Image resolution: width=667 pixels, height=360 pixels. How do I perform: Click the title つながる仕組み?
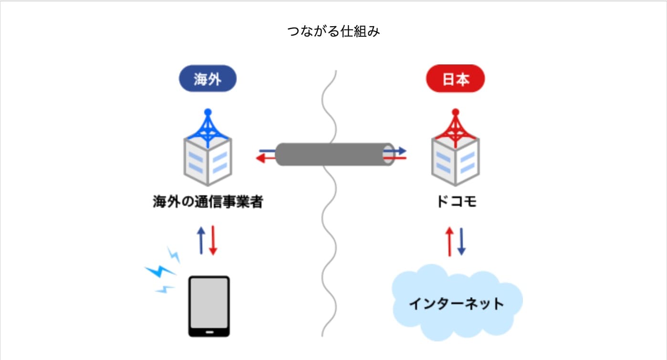(x=333, y=32)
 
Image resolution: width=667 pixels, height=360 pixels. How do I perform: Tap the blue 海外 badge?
(x=208, y=79)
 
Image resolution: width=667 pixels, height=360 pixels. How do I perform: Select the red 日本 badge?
(x=455, y=79)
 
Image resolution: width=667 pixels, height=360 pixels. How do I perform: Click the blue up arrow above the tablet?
(x=201, y=240)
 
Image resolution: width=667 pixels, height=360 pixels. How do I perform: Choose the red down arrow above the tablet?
(x=213, y=240)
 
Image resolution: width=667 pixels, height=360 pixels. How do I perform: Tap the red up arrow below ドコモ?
(x=449, y=242)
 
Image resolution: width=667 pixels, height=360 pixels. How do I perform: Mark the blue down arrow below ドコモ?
(x=461, y=242)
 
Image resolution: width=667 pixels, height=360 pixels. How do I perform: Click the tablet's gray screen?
(x=209, y=301)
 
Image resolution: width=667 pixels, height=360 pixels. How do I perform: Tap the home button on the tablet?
(x=209, y=330)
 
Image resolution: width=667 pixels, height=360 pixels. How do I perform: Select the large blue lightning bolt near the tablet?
(x=160, y=271)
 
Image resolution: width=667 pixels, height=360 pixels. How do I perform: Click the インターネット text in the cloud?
(x=457, y=304)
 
